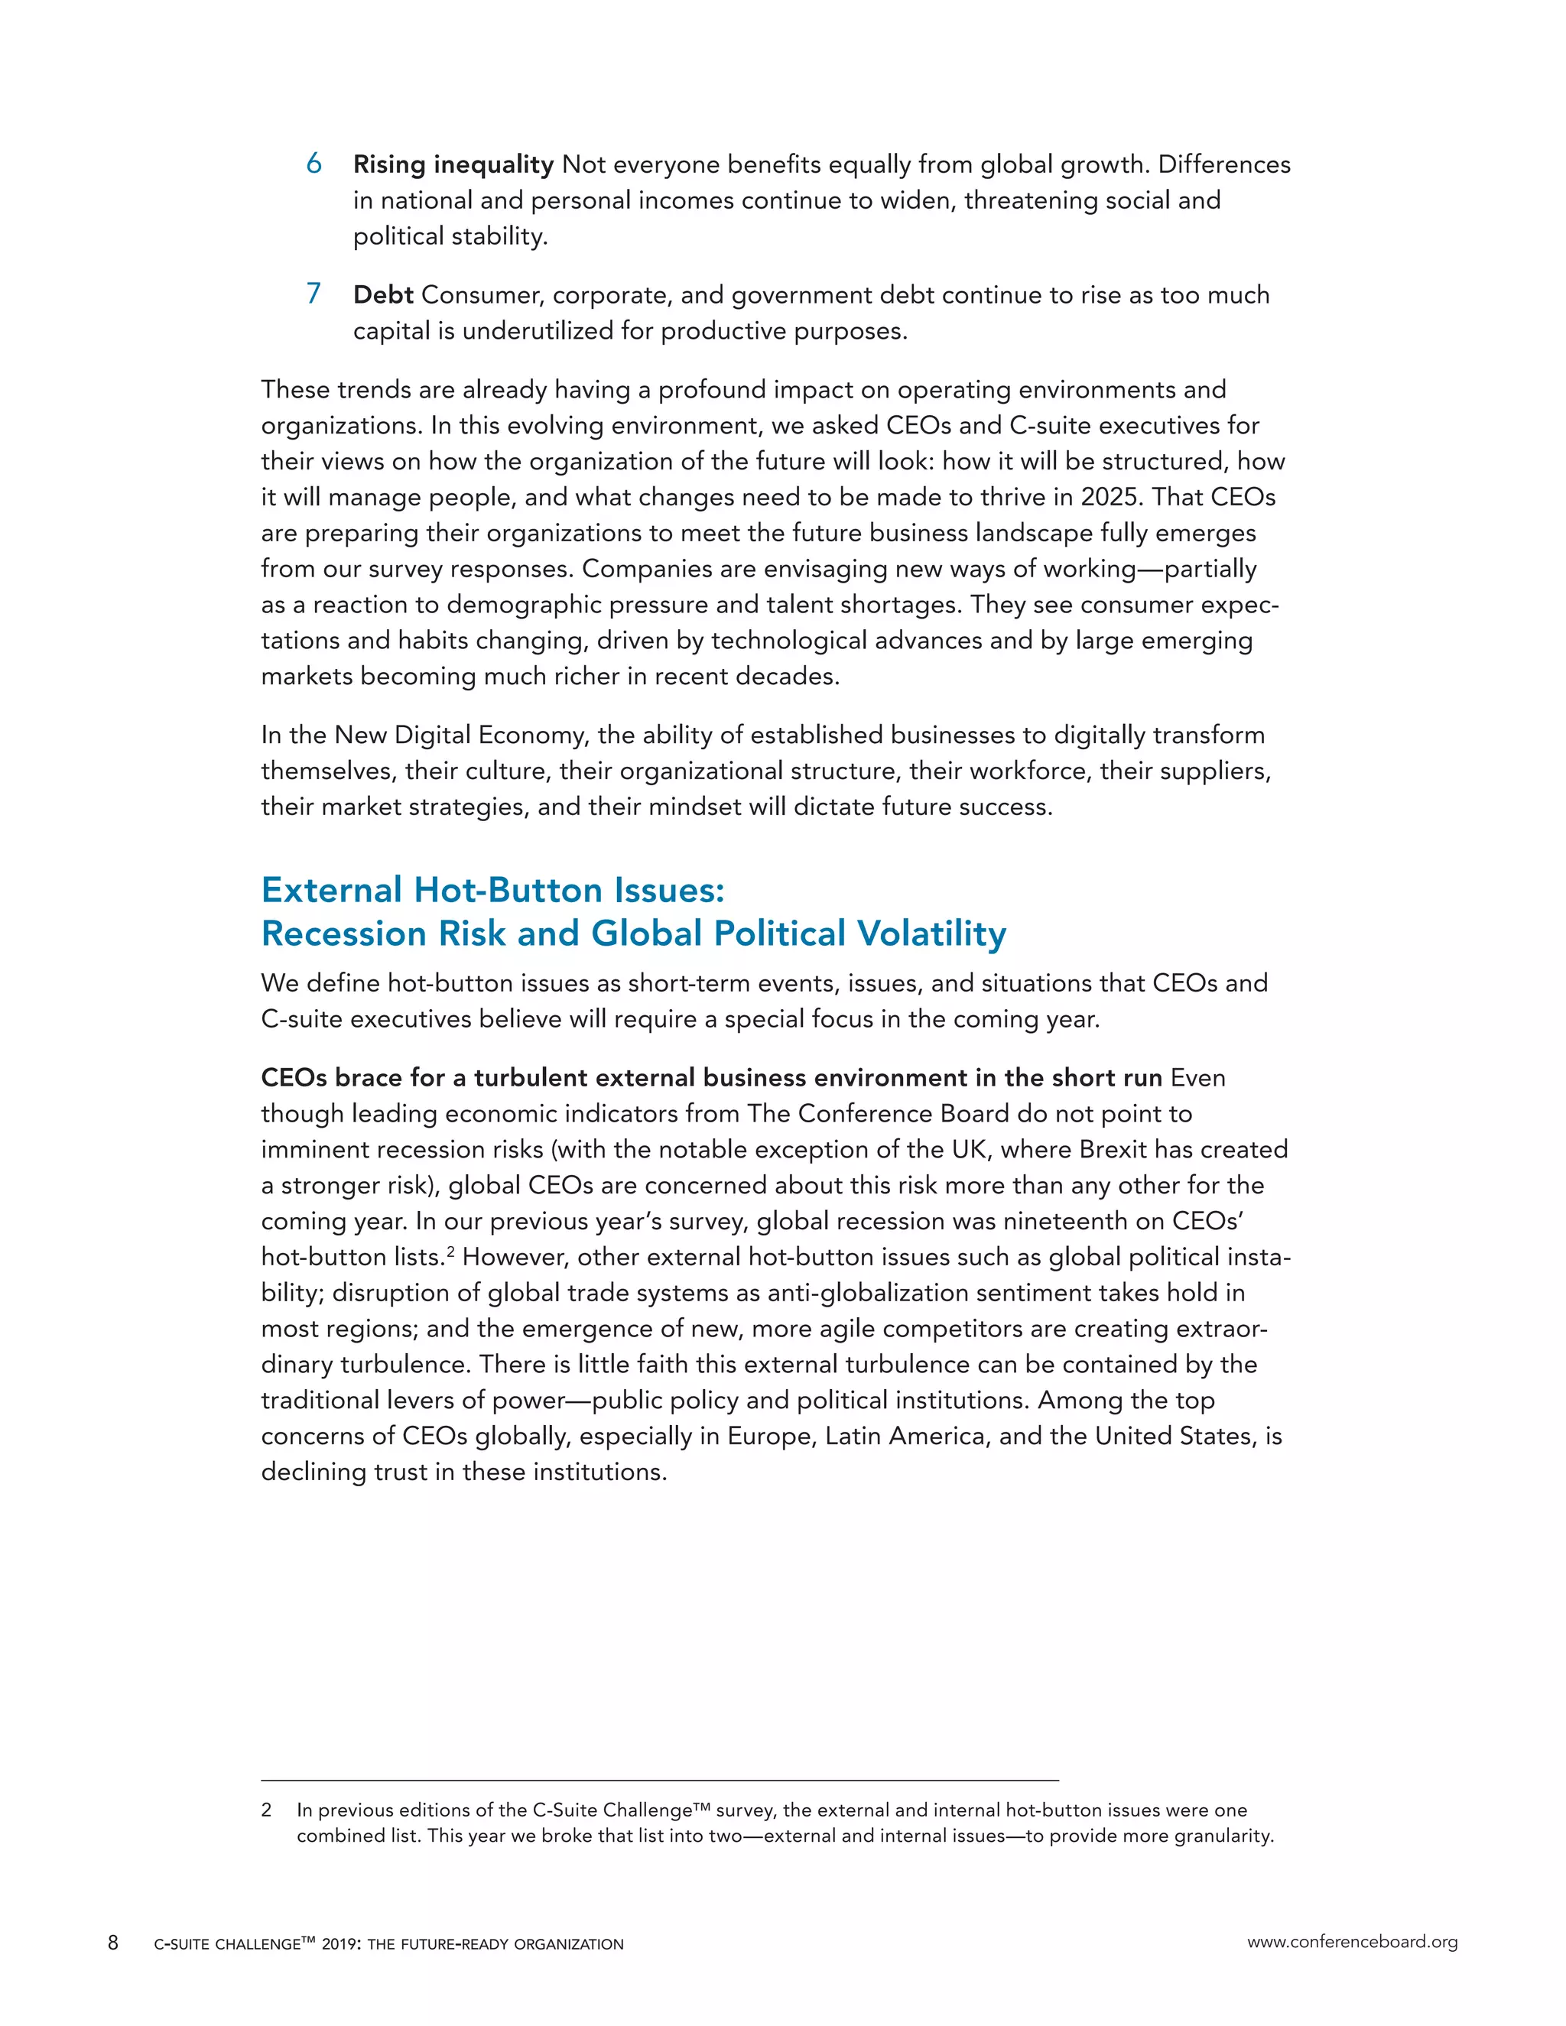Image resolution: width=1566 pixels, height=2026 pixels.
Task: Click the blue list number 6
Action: (x=314, y=164)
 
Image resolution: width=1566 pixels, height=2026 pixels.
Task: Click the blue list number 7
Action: (x=314, y=294)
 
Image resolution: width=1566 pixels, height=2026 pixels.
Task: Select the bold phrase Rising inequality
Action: (x=453, y=165)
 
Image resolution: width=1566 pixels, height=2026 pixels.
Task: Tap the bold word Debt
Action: (x=382, y=295)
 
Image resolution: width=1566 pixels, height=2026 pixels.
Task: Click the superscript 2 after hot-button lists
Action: (x=451, y=1252)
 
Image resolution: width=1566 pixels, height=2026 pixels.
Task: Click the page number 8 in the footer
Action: (x=113, y=1943)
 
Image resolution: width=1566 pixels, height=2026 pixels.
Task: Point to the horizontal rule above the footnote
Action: (x=658, y=1780)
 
